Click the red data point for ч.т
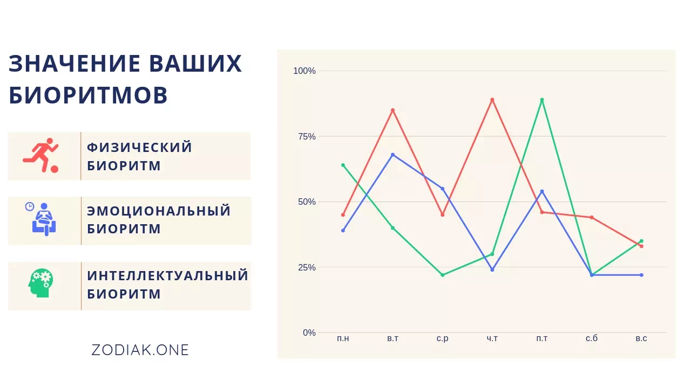point(492,100)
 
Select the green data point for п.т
point(542,100)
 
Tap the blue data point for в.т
point(392,155)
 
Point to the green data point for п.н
point(343,165)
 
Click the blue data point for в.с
point(642,275)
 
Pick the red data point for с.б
point(592,217)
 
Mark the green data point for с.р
point(443,275)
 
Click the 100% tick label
point(304,71)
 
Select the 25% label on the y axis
point(307,267)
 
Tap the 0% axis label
point(309,332)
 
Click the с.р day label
point(442,338)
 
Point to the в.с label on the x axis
point(641,338)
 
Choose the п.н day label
point(343,338)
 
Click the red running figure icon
point(40,155)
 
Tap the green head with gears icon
point(40,283)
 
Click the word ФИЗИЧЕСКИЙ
point(139,147)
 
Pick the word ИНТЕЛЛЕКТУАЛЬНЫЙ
point(167,275)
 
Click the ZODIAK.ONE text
point(140,350)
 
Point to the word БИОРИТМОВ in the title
point(88,95)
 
